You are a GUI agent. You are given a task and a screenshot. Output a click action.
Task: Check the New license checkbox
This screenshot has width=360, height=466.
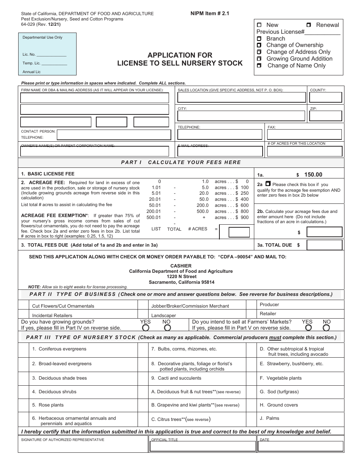tap(259, 25)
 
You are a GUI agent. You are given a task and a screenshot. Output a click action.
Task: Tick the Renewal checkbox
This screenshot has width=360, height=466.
tap(309, 25)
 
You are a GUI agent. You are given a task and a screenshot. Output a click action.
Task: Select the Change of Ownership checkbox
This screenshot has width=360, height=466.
tap(259, 45)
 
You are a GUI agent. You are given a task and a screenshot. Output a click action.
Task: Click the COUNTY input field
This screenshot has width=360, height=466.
tap(326, 97)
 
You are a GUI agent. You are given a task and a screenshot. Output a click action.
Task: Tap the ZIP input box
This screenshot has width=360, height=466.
tap(326, 116)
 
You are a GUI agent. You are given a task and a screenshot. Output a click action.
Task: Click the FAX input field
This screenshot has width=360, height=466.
tap(305, 134)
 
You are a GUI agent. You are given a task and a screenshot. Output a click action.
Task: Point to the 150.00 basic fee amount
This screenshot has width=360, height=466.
tap(313, 175)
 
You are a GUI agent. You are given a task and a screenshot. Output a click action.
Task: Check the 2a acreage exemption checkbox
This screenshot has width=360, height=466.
tap(268, 184)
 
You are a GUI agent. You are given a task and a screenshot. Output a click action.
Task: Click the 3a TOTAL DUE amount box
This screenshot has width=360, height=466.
tap(324, 245)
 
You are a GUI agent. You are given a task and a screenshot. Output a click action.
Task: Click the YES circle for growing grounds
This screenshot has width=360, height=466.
tap(146, 328)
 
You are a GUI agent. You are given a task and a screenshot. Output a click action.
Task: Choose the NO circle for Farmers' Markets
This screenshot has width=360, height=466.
tap(326, 328)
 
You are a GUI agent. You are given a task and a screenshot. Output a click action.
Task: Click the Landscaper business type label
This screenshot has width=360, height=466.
tap(164, 315)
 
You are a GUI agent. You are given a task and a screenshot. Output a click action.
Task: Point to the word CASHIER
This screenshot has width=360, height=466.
tap(181, 266)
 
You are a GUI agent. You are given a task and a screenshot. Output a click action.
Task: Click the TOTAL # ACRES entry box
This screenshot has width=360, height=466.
tap(235, 232)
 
